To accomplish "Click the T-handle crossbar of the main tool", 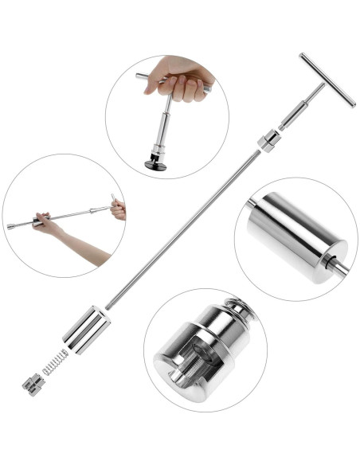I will [327, 80].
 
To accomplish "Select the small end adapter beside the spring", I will [33, 385].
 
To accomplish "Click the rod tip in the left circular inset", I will [11, 227].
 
